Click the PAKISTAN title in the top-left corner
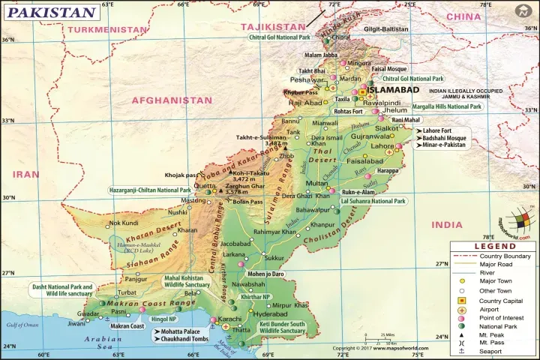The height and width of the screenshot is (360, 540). coord(51,13)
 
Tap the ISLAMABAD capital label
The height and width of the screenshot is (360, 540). coord(397,89)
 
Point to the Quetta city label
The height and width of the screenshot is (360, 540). coord(205,184)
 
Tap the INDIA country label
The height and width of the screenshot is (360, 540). coord(448,224)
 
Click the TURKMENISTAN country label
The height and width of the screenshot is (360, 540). coord(106,29)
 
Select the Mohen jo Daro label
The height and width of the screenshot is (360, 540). coord(266,274)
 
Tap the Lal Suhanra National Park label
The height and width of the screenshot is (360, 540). coord(373,202)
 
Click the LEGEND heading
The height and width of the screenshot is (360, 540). coord(493,246)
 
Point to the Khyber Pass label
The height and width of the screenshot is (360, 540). coord(301,92)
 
